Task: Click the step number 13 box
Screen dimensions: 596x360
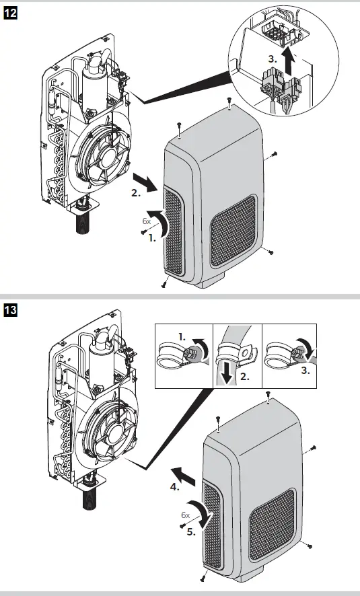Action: (x=11, y=311)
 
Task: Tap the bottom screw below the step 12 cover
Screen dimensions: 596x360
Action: (x=164, y=283)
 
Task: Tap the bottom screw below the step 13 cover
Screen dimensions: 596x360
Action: (x=203, y=577)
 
